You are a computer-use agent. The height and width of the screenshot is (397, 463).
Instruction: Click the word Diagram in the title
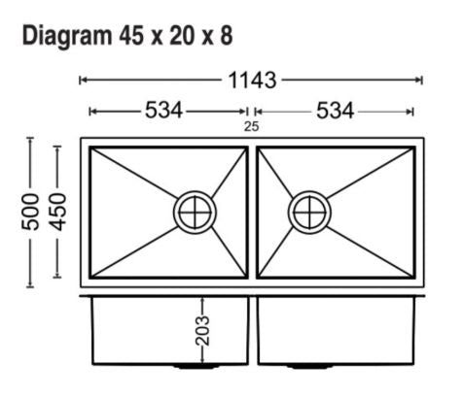pos(67,37)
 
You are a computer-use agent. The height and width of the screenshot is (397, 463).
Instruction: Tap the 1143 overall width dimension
pos(252,81)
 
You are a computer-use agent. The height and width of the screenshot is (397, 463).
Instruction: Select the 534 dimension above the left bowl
pos(163,111)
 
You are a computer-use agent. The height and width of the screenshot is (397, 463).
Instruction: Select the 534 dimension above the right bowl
pos(335,111)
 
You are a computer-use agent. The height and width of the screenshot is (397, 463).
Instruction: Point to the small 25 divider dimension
pos(252,126)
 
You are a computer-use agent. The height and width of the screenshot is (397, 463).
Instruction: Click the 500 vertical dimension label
pos(30,212)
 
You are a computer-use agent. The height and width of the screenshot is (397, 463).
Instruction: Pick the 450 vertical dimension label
pos(58,212)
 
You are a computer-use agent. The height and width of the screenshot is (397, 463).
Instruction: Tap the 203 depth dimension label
pos(202,331)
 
